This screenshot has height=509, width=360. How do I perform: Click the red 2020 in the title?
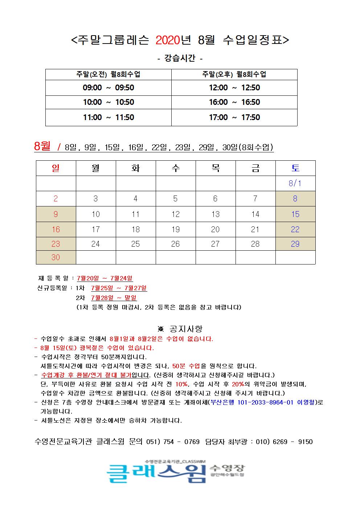click(x=168, y=40)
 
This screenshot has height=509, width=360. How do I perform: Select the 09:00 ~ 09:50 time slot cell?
click(x=108, y=88)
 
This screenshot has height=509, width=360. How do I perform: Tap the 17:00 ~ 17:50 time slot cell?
click(x=234, y=118)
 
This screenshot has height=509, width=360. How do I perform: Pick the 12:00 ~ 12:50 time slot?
click(x=234, y=88)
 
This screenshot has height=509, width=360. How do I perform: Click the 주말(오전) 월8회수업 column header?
click(x=108, y=74)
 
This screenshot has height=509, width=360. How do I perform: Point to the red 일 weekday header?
click(x=56, y=168)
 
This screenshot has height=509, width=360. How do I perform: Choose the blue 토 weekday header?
click(x=295, y=168)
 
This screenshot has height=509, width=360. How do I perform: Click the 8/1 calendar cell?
click(x=295, y=183)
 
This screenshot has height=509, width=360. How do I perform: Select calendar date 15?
click(x=295, y=214)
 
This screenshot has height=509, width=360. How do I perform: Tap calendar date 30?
click(x=56, y=257)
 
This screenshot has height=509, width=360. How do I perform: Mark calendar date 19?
click(x=175, y=229)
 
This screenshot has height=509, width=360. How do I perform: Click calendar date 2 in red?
click(x=56, y=198)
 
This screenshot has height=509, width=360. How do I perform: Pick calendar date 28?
click(x=255, y=244)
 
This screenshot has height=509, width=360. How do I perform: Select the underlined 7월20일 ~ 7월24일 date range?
click(x=105, y=278)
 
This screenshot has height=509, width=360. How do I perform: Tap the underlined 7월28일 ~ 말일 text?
click(x=114, y=298)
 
